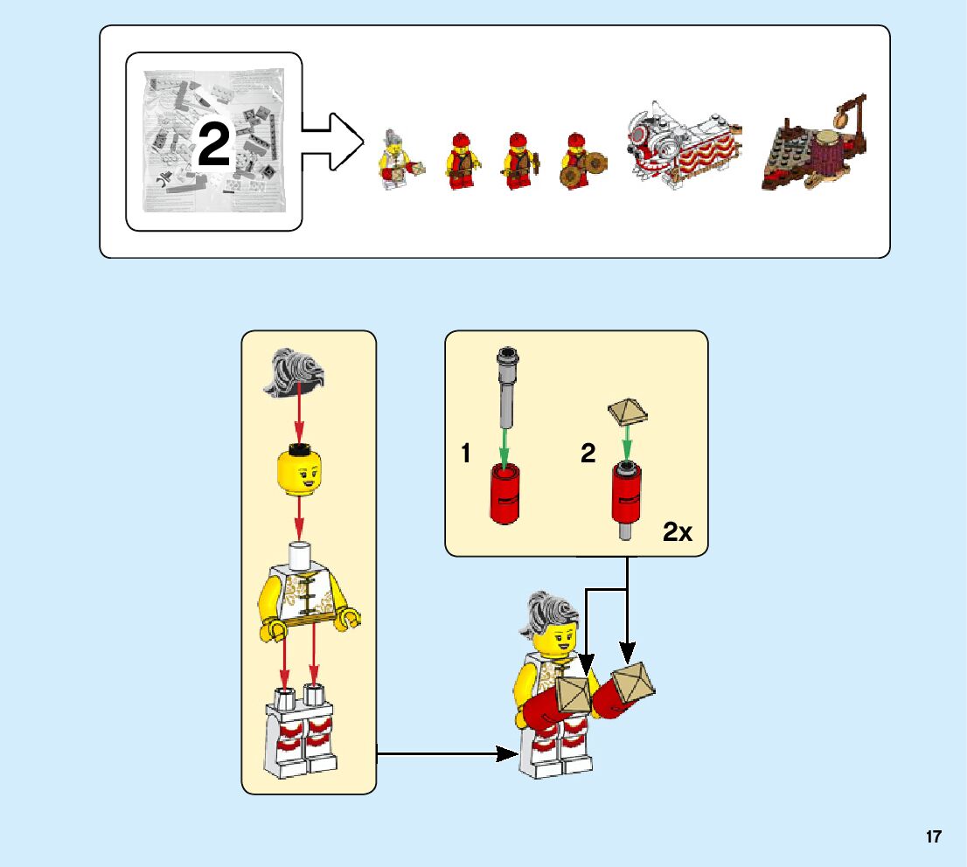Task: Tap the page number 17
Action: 934,836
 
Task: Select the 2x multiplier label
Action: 678,531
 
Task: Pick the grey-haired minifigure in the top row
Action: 395,157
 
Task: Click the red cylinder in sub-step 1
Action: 506,494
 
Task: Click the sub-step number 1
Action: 467,454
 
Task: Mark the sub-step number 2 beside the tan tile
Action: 588,454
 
